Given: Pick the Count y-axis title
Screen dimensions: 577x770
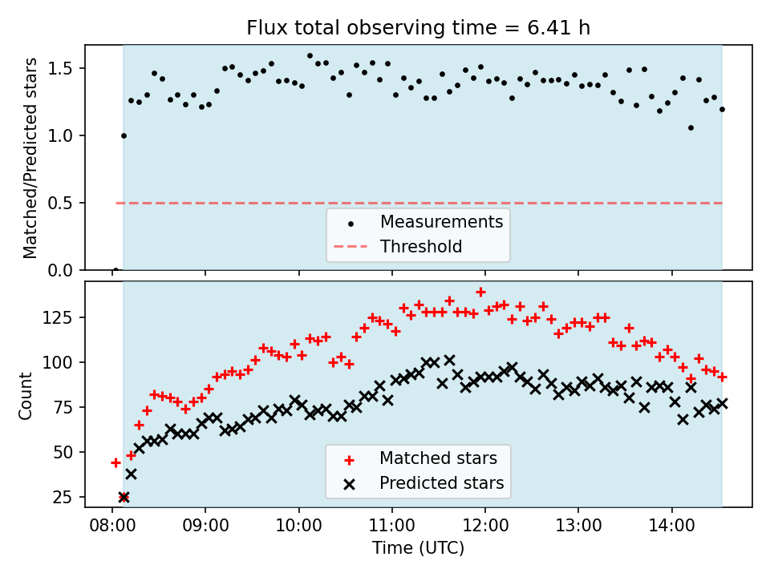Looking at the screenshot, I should (26, 395).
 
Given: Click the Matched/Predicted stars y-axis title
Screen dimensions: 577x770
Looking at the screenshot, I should (30, 158).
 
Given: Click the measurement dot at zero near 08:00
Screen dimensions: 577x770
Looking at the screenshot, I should (115, 270).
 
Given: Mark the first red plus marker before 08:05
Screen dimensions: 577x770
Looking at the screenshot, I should (115, 462).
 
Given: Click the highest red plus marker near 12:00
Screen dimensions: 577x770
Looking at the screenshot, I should (480, 293).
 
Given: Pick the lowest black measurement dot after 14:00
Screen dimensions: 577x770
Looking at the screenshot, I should (691, 127).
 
